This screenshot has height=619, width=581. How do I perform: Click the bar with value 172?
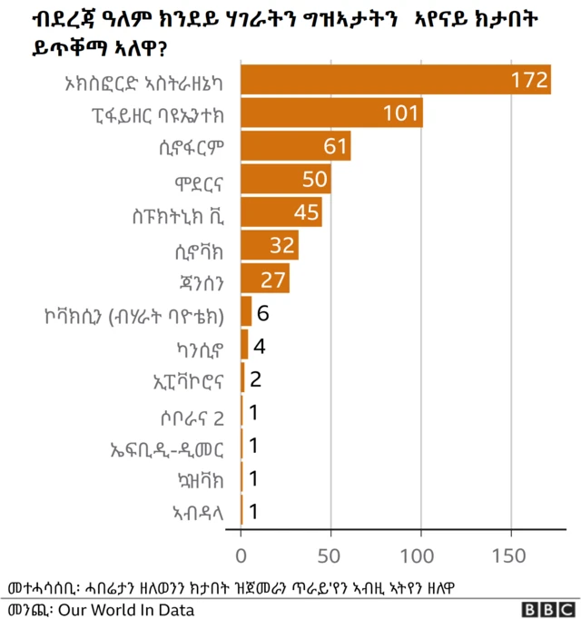click(x=396, y=79)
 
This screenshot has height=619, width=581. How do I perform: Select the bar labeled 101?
click(x=332, y=113)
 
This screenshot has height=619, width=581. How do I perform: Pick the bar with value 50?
click(x=286, y=179)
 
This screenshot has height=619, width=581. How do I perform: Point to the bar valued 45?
click(x=281, y=212)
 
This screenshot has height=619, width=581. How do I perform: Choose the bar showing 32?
click(x=270, y=245)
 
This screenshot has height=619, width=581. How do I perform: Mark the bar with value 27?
click(x=265, y=279)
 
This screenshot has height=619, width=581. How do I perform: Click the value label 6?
click(x=263, y=312)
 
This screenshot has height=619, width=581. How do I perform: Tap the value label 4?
click(x=260, y=346)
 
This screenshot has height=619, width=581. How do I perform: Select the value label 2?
click(x=256, y=378)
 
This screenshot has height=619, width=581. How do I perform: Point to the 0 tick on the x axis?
click(x=241, y=555)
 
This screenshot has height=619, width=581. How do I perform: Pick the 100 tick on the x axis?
click(x=420, y=555)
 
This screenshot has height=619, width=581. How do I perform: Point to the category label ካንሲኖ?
click(x=202, y=346)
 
